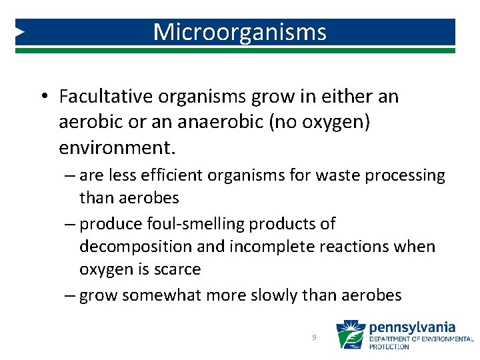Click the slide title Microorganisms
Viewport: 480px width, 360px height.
240,32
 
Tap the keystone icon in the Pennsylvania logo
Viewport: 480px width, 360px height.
350,335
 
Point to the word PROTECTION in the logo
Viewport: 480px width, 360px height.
389,347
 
